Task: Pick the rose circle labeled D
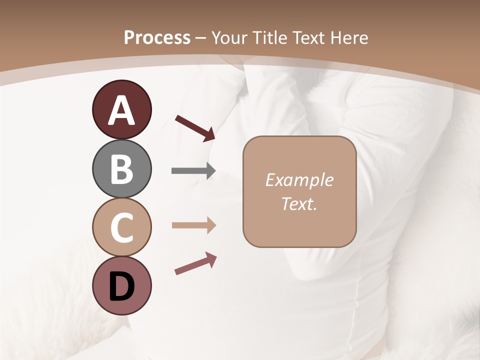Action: pos(121,285)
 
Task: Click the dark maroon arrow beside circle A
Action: pos(195,127)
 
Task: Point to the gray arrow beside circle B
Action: pos(193,171)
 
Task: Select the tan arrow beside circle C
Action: pos(193,225)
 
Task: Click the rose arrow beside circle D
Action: pos(195,264)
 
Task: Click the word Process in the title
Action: pos(157,38)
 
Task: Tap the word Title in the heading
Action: pos(270,38)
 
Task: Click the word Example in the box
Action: pos(299,180)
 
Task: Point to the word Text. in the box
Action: pos(299,203)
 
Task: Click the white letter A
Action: pos(121,111)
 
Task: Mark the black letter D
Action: pos(121,287)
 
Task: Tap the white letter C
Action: pos(121,227)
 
